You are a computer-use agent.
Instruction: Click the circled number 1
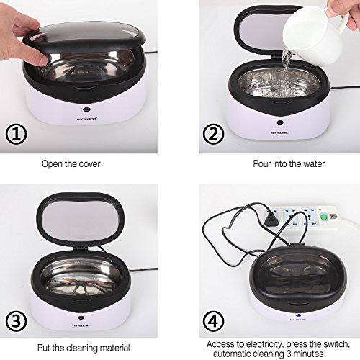click(16, 134)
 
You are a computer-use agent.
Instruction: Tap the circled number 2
click(213, 134)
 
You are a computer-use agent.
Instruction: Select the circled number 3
click(16, 321)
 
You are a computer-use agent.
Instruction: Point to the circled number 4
click(213, 321)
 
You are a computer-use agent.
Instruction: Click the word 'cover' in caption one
click(89, 164)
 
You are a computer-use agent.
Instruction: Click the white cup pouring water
click(315, 34)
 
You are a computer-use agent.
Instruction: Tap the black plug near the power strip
click(271, 219)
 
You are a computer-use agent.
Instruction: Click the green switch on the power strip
click(324, 217)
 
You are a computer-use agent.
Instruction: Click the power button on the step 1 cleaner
click(86, 109)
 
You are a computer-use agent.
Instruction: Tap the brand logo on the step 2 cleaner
click(279, 132)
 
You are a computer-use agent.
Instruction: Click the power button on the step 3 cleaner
click(81, 318)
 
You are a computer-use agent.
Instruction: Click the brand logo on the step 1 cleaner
click(86, 119)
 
